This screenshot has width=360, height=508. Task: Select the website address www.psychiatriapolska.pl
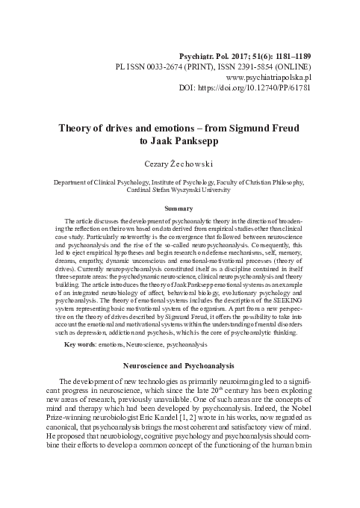click(x=267, y=76)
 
